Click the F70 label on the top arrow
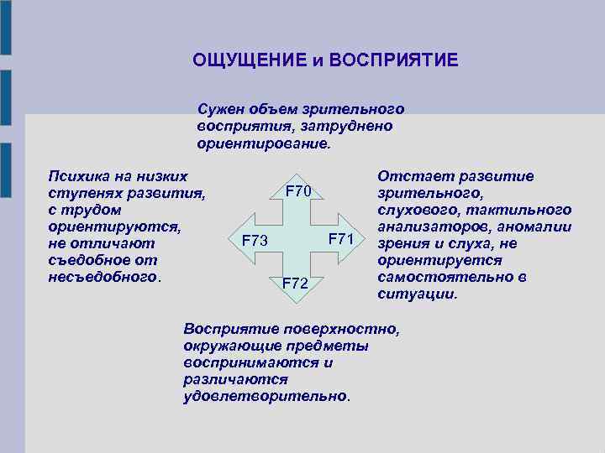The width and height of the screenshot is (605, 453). coord(298,191)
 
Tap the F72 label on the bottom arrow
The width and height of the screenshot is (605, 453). coord(295,284)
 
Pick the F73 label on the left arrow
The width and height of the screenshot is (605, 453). coord(255,242)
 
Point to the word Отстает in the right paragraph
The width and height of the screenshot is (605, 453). coord(409,176)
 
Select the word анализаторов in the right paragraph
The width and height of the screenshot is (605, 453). coord(429,226)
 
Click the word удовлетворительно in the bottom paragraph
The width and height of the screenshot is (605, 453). coord(265,395)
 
